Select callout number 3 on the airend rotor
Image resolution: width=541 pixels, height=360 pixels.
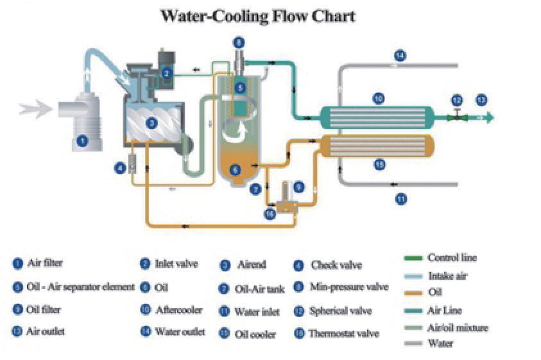[151, 123]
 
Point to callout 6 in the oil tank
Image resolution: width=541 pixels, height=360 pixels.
[235, 169]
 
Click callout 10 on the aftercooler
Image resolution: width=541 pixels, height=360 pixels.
[379, 98]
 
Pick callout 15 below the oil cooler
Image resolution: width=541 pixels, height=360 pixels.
[379, 165]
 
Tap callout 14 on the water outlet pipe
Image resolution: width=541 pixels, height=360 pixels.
[400, 56]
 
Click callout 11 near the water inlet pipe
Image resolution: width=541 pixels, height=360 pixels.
[400, 199]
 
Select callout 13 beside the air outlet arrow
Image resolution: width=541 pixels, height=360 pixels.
[481, 100]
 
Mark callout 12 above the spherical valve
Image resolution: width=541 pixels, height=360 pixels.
[456, 100]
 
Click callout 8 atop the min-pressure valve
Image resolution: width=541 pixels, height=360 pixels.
[239, 42]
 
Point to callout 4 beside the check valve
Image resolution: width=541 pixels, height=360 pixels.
[119, 168]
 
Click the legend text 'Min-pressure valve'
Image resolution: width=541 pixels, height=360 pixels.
[348, 287]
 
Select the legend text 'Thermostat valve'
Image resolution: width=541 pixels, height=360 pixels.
[344, 334]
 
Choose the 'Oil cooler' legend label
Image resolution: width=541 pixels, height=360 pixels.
[257, 334]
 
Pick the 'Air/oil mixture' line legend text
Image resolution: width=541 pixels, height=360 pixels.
[458, 328]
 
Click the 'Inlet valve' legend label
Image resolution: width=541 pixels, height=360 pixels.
[176, 264]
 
